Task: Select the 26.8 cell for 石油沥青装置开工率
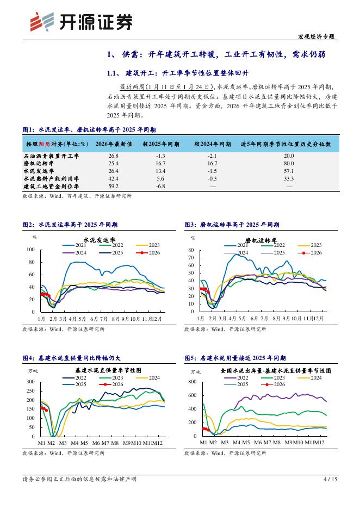114,156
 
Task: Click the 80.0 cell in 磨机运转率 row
289,163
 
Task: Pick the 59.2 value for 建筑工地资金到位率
114,186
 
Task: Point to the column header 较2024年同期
213,144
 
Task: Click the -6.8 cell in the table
160,186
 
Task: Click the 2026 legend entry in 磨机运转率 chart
315,252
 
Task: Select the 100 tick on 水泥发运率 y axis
30,250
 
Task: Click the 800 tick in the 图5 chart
192,382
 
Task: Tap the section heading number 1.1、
115,73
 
